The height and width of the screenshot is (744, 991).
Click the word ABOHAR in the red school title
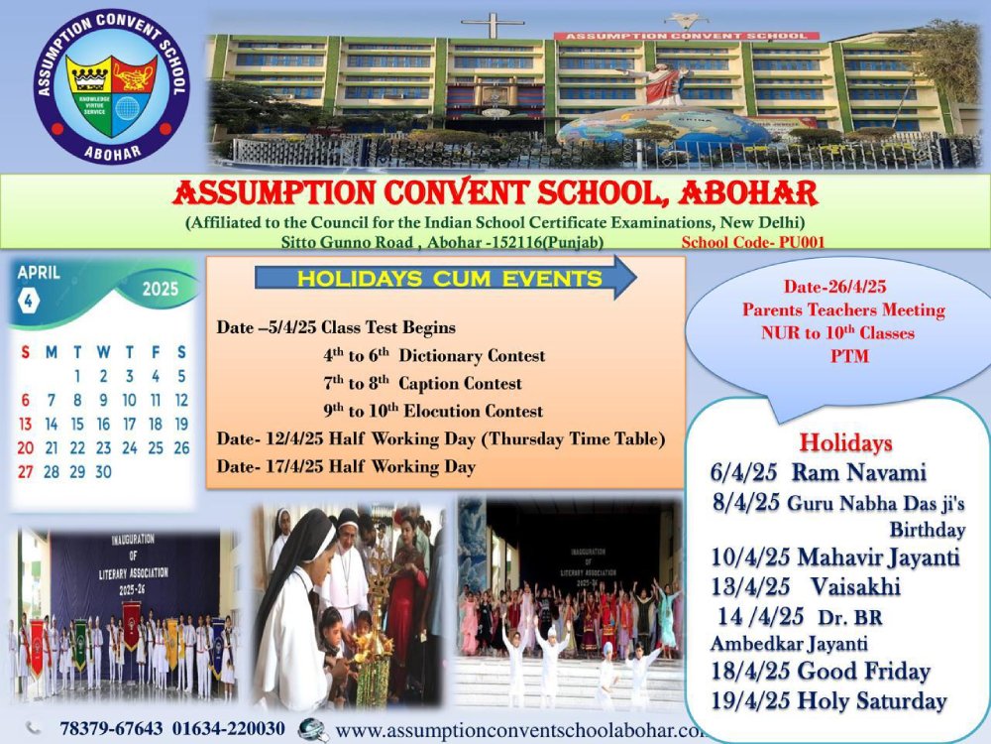pos(748,193)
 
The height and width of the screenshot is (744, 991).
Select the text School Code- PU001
pos(753,242)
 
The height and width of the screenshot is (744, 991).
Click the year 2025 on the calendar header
pos(160,289)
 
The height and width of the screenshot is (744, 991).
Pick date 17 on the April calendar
pos(129,424)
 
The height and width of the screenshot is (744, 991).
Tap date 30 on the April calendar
pos(103,471)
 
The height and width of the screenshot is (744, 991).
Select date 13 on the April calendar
pos(26,424)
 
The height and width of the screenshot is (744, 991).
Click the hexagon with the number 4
pos(29,301)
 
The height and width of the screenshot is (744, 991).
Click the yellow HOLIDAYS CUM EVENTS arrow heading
pos(446,279)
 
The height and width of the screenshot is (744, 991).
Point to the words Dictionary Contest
pos(472,355)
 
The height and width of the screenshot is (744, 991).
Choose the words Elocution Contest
pos(473,412)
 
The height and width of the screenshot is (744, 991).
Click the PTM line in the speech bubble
pos(849,355)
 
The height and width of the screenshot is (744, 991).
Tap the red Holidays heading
pos(845,442)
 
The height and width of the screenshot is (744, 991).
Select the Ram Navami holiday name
pos(859,472)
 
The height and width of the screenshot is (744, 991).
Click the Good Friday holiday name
pos(864,671)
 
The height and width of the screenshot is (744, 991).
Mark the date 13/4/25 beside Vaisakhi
pos(750,587)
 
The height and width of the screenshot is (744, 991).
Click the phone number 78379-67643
pos(111,729)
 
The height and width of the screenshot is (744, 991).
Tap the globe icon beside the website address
pos(312,729)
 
